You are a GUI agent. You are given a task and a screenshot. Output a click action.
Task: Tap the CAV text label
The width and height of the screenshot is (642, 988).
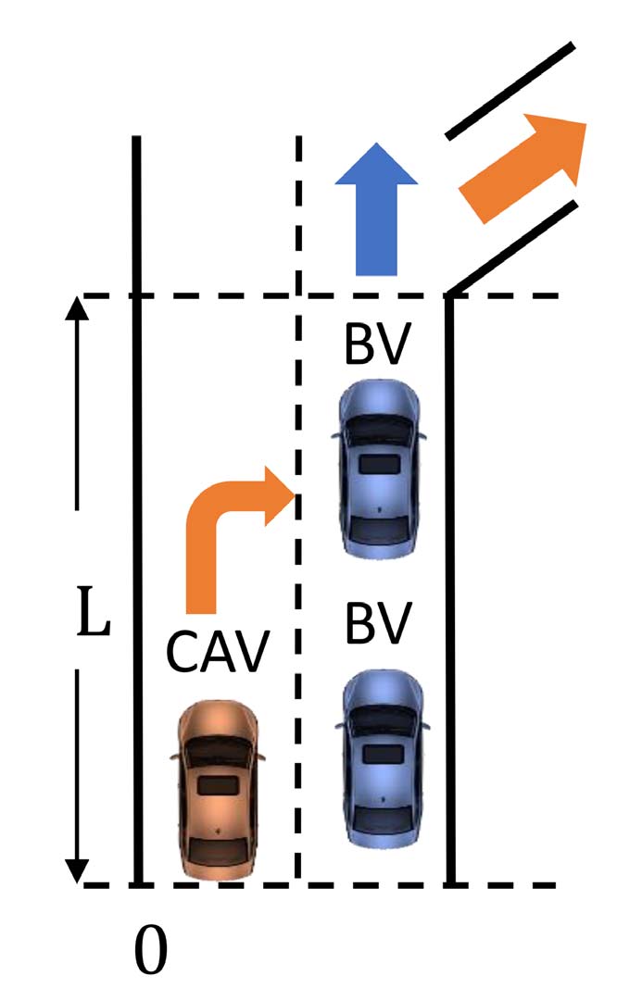[x=218, y=651]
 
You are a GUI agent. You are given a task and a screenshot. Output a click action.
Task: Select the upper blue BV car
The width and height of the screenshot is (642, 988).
[x=379, y=469]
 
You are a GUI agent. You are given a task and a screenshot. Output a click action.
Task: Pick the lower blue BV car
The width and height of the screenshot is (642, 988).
[x=383, y=758]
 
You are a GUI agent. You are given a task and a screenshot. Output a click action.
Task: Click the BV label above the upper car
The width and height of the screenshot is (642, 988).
[x=378, y=344]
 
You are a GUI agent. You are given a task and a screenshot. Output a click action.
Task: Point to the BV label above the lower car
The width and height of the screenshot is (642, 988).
[x=378, y=623]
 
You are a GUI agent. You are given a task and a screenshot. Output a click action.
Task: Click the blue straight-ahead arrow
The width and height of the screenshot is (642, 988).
[x=376, y=209]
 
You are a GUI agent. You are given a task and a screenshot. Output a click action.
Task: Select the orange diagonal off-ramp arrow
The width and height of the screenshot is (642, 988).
[x=522, y=169]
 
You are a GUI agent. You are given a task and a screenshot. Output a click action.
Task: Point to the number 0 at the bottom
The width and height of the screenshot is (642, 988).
[x=151, y=949]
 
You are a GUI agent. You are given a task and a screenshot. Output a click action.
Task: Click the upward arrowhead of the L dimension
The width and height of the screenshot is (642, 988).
[x=77, y=308]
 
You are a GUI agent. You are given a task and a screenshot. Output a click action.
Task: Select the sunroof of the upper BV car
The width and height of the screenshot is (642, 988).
[x=380, y=465]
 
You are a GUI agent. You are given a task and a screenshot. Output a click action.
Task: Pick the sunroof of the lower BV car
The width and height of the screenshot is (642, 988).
[x=384, y=754]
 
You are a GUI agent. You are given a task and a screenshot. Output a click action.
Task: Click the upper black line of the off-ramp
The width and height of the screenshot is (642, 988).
[x=510, y=90]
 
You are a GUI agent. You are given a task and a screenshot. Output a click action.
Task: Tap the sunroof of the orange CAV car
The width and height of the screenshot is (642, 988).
[x=219, y=785]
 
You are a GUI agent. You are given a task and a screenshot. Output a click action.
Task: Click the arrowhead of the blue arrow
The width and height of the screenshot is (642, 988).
[x=376, y=164]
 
